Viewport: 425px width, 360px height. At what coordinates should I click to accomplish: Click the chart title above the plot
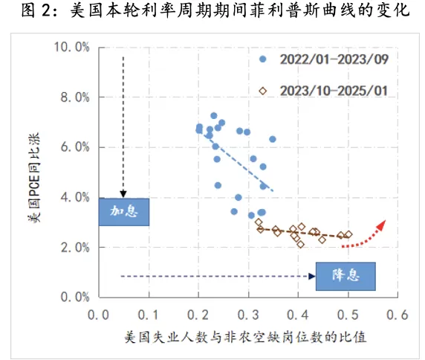(212, 12)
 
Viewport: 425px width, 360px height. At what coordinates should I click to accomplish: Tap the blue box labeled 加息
(124, 211)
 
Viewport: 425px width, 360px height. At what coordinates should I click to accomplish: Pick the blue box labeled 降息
(345, 276)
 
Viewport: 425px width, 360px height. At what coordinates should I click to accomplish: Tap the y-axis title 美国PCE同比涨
(33, 173)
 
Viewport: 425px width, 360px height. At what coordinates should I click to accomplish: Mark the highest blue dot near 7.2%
(214, 116)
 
